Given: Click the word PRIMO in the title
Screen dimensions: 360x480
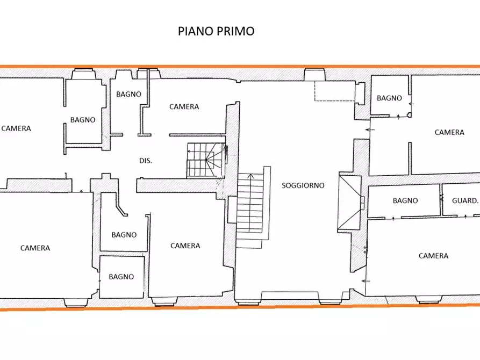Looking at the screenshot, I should [235, 31].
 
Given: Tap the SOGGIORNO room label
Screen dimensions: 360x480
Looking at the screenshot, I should [303, 185].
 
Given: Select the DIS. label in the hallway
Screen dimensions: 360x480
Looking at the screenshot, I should [146, 161].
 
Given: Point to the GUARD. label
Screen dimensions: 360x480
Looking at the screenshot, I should [465, 200].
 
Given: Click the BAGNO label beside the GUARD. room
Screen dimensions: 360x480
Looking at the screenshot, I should [405, 200].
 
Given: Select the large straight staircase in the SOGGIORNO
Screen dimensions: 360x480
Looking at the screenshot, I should [251, 210].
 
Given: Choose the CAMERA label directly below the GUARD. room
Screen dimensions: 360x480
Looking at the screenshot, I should [434, 256].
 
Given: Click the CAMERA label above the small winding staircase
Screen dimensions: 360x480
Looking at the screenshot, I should [184, 106].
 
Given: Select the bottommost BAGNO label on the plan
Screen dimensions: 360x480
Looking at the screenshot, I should [121, 277].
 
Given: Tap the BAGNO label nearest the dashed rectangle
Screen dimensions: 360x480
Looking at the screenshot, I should [389, 98].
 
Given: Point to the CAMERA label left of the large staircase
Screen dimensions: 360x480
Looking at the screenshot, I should [185, 246].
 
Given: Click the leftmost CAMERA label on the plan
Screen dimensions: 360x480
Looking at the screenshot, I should [16, 128].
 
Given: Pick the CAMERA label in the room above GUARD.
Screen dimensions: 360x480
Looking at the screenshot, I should [449, 132].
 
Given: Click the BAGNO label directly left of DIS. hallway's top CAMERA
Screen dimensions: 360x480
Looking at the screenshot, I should [129, 94].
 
